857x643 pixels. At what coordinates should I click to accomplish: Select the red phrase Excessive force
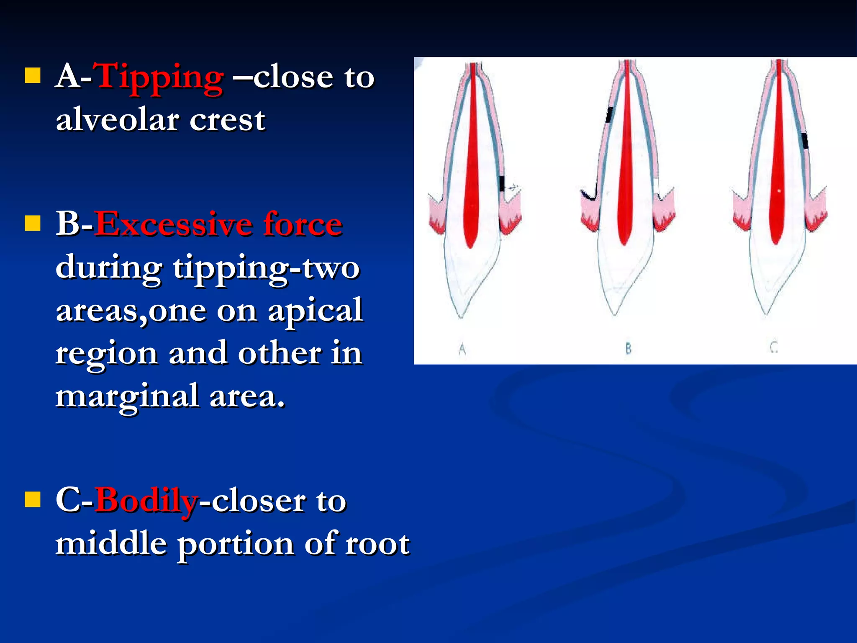coord(218,225)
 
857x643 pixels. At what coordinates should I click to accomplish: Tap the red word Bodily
coord(146,501)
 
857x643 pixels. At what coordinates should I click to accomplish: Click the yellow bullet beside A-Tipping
coord(33,76)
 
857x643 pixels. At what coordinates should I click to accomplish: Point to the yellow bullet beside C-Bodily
coord(33,499)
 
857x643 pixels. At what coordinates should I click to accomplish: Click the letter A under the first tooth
coord(462,349)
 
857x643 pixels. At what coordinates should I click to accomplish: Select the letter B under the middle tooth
coord(628,348)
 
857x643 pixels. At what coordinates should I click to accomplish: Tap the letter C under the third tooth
coord(774,347)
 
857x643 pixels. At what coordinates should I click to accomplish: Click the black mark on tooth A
coord(502,183)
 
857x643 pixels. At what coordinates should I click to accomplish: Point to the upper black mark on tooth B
coord(609,115)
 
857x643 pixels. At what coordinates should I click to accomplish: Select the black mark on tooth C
coord(804,141)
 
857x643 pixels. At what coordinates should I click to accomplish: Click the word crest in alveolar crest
coord(227,121)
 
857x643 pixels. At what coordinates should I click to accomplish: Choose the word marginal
coord(127,396)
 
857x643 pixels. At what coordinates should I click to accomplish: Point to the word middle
coord(111,544)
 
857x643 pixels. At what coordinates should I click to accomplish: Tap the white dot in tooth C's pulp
coord(779,191)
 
